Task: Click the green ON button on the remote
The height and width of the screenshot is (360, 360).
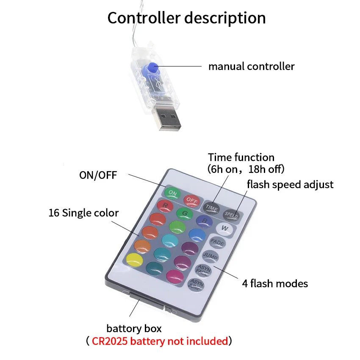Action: point(172,193)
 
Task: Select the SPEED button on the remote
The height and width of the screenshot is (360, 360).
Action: point(232,214)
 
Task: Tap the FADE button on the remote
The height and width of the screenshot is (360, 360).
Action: point(217,243)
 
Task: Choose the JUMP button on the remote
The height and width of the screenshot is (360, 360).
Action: point(210,256)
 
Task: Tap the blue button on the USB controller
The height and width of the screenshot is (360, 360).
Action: point(152,67)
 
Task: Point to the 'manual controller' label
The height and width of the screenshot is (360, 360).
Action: point(251,66)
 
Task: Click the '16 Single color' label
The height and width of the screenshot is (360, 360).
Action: point(83,213)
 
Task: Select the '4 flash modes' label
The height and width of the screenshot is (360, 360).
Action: point(274,283)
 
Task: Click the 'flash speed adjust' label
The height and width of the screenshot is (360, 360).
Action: point(290,184)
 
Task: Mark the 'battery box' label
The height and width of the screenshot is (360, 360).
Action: point(134,328)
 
